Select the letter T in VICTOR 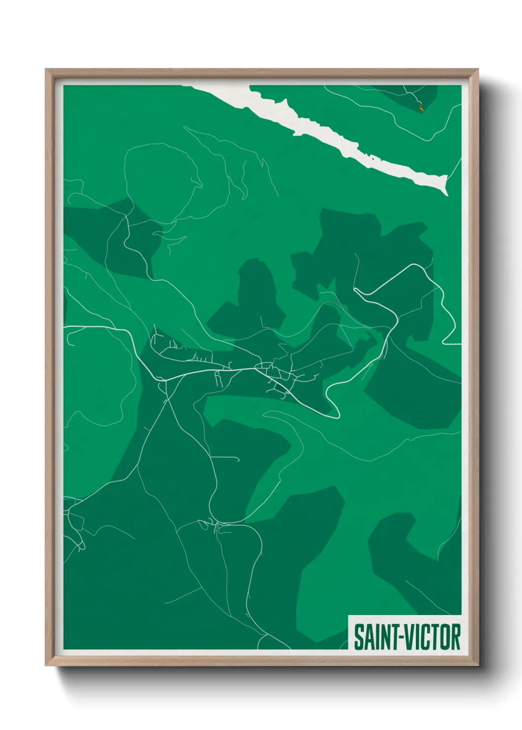pos(435,637)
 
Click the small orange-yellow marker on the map pos(421,108)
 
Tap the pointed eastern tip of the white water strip pos(447,193)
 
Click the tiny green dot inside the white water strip pos(371,158)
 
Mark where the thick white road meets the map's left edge pos(65,327)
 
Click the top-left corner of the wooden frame pos(46,70)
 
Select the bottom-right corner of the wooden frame pos(478,665)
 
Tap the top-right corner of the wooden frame pos(478,70)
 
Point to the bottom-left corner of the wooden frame pos(46,665)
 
